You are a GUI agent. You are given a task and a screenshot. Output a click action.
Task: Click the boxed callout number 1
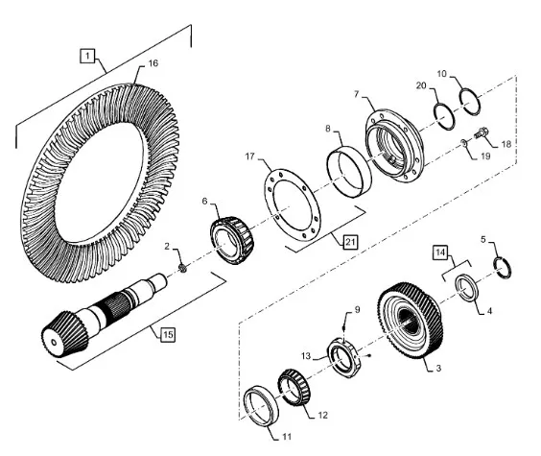87,56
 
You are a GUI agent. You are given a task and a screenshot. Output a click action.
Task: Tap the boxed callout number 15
168,334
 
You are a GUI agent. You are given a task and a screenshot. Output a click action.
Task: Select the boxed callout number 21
350,242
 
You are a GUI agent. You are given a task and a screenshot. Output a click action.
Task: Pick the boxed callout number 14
440,252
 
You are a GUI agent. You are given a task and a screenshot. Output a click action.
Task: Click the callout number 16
153,63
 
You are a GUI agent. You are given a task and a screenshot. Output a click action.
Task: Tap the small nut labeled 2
183,268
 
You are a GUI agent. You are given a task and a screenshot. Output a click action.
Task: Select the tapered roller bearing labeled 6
232,241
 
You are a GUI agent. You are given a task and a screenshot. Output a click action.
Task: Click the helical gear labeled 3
410,321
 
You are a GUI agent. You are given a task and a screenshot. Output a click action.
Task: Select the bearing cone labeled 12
294,387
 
